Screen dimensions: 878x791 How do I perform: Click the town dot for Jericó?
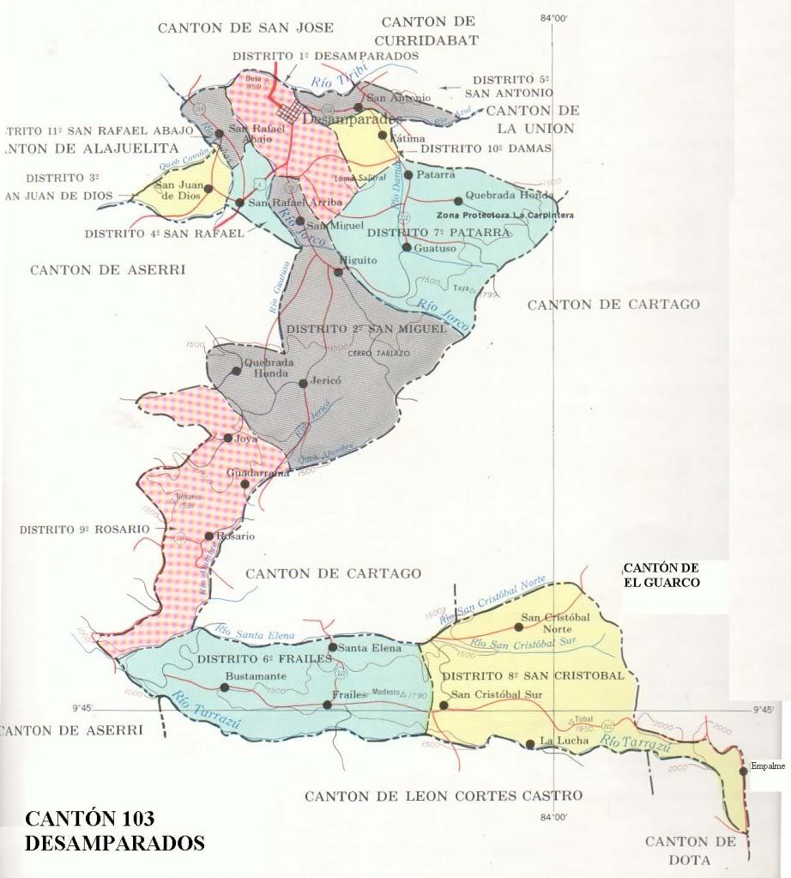coord(303,384)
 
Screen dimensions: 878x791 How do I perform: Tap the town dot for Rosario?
coord(208,536)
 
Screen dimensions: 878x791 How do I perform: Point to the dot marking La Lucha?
coord(531,743)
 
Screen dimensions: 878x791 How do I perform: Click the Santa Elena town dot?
coord(333,647)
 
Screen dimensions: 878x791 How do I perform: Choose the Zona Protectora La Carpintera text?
coord(504,215)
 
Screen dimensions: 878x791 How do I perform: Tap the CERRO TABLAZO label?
coord(378,354)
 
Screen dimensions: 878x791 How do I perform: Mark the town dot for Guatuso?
coord(406,248)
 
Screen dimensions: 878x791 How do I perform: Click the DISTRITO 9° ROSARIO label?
coord(84,530)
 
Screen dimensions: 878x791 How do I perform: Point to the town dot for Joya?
coord(227,438)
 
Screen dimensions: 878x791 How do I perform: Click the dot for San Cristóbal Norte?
coord(517,627)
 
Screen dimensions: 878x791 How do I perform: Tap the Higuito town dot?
coord(338,272)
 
